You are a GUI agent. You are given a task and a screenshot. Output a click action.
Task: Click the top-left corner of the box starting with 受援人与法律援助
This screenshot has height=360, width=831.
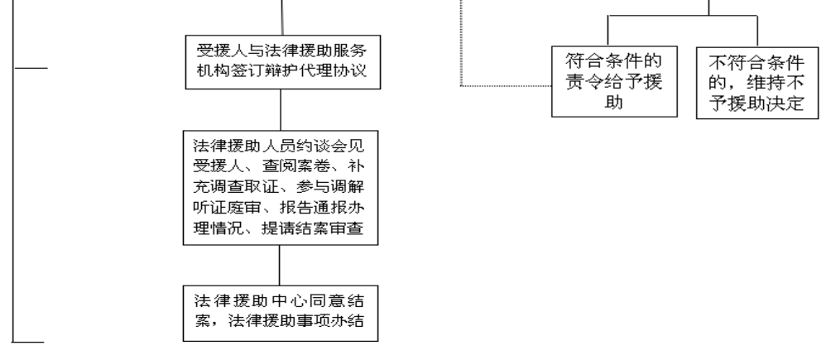pyautogui.click(x=185, y=36)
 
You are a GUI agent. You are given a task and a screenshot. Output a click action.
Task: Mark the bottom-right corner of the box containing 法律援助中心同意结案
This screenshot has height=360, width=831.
pyautogui.click(x=378, y=341)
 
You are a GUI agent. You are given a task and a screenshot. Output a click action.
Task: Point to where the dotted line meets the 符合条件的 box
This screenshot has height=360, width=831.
pyautogui.click(x=552, y=85)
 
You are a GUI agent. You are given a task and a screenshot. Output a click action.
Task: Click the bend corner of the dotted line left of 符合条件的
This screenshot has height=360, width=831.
pyautogui.click(x=461, y=85)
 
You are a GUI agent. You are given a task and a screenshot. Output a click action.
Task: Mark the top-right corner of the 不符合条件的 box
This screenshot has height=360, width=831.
pyautogui.click(x=819, y=47)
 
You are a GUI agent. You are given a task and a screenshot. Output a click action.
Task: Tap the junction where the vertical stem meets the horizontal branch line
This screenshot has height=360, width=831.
pyautogui.click(x=709, y=16)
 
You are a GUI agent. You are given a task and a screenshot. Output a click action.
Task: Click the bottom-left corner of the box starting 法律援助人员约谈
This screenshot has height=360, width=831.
pyautogui.click(x=183, y=245)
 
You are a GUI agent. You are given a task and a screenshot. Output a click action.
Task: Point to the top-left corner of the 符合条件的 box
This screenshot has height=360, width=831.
pyautogui.click(x=552, y=46)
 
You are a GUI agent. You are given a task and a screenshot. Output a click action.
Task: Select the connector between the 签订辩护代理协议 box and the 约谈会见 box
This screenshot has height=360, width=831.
pyautogui.click(x=281, y=110)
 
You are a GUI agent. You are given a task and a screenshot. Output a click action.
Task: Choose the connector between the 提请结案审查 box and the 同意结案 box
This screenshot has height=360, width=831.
pyautogui.click(x=279, y=265)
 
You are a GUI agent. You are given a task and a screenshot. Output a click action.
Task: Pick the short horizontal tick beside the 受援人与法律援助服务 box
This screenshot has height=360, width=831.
pyautogui.click(x=30, y=68)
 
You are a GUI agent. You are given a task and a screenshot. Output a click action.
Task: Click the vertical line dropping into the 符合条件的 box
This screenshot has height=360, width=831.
pyautogui.click(x=608, y=31)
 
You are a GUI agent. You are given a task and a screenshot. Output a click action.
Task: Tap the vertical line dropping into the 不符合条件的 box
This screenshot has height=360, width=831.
pyautogui.click(x=757, y=31)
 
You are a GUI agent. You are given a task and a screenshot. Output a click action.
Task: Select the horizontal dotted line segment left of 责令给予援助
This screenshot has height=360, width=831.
pyautogui.click(x=506, y=85)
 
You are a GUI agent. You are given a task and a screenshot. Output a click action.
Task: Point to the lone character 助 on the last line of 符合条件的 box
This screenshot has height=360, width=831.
pyautogui.click(x=613, y=103)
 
